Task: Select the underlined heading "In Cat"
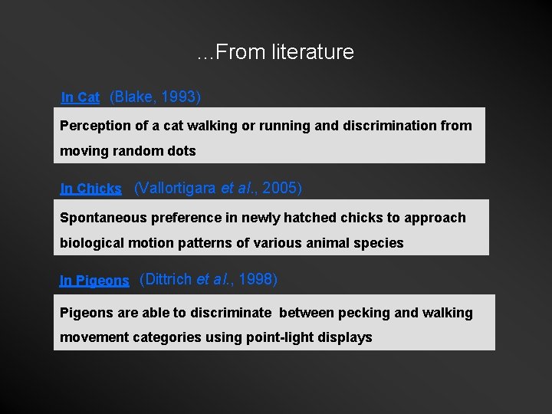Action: [x=80, y=97]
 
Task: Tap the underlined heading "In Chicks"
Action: [x=90, y=189]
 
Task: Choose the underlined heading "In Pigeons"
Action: [x=94, y=281]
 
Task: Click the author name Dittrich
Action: [x=168, y=279]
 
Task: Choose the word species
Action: [x=380, y=243]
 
